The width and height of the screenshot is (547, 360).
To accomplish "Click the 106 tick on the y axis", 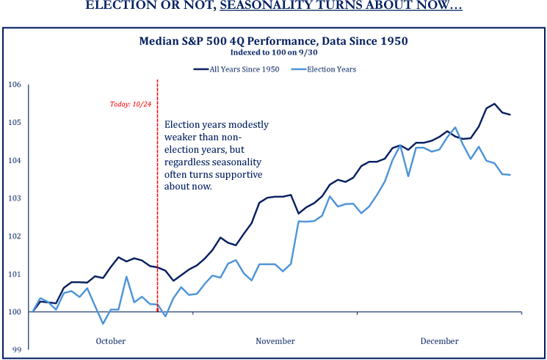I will pos(15,84).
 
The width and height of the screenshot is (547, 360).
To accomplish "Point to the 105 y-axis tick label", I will pos(15,122).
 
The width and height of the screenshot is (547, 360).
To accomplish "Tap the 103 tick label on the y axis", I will pos(15,198).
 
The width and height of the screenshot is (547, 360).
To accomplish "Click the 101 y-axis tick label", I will pos(15,274).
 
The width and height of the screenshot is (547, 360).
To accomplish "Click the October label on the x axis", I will pos(111,341).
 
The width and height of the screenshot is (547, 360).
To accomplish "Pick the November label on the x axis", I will pos(275,341).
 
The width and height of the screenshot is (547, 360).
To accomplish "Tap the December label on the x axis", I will pos(439,341).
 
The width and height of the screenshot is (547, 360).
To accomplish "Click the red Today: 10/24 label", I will pos(131,104).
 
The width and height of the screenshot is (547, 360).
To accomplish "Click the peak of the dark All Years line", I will pos(494,104).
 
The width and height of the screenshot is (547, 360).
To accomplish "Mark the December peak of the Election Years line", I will pos(455,127).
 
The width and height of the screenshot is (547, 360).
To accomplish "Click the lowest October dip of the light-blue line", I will pos(103,323).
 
